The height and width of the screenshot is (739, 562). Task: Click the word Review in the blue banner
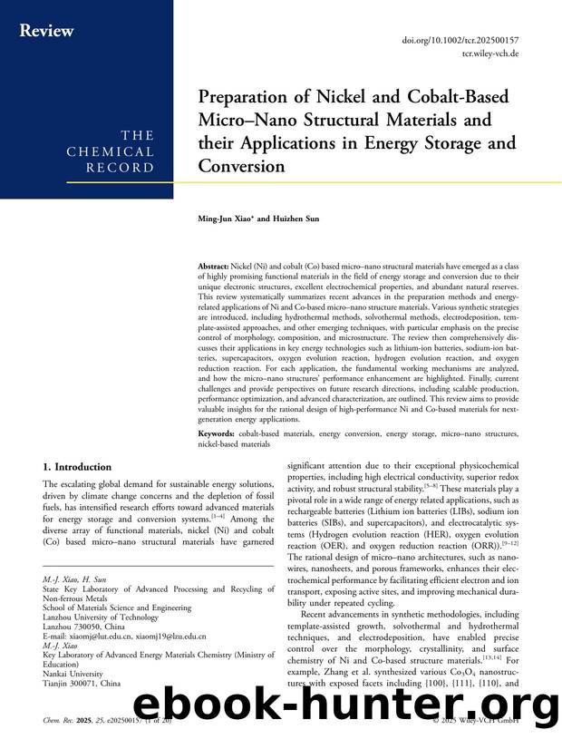[47, 32]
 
